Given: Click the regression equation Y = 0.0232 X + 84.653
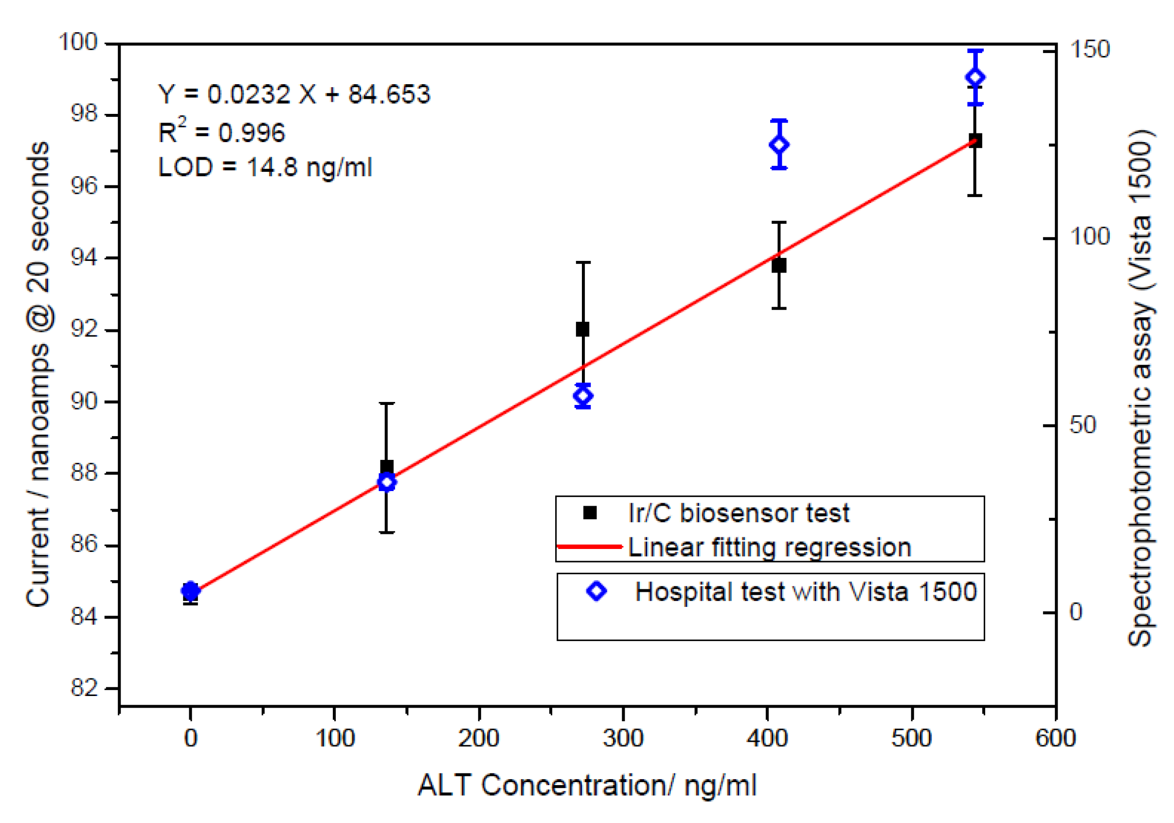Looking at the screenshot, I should [x=294, y=94].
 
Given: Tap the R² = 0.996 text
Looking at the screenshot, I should [x=221, y=132].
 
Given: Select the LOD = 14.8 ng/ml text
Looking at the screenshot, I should [x=265, y=168].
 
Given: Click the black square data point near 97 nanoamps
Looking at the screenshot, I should [x=975, y=141].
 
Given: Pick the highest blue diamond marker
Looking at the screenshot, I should [x=975, y=78].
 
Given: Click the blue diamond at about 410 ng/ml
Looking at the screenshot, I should [x=779, y=145].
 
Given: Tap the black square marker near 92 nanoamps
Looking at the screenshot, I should [x=582, y=329].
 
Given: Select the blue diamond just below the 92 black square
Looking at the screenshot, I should [x=583, y=396].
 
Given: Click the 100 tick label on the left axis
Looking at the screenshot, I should [x=78, y=42].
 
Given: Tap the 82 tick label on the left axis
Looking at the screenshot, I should [x=84, y=689].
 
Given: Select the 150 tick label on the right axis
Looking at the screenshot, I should [x=1090, y=50].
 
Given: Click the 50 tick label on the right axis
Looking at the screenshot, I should [x=1083, y=425].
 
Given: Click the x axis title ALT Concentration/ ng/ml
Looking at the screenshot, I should [x=586, y=785].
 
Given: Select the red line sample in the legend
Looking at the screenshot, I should [x=589, y=547].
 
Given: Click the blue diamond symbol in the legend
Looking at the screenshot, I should [x=596, y=591].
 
